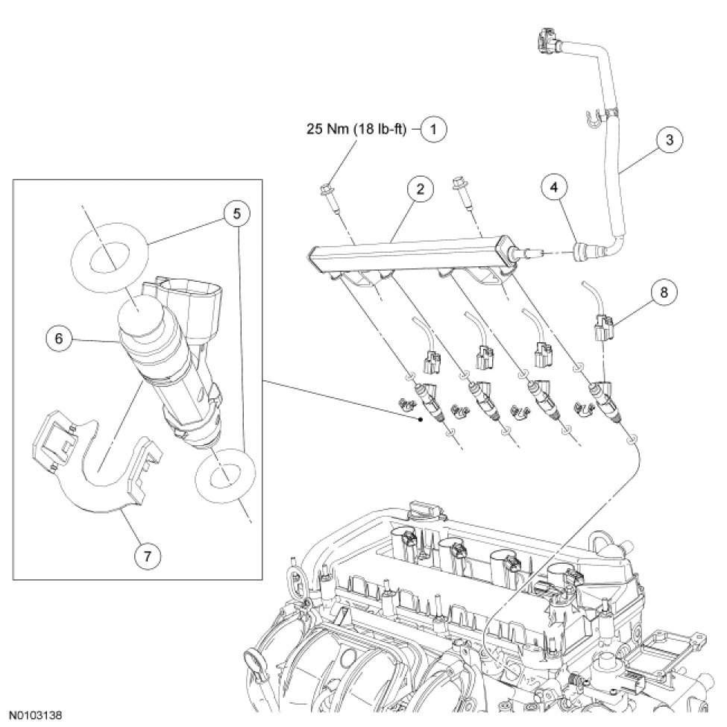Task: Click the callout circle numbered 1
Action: [x=433, y=128]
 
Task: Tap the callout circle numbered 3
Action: [x=669, y=138]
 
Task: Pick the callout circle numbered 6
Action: [x=57, y=337]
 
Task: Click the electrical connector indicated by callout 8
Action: [x=606, y=327]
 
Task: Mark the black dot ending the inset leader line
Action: [x=423, y=421]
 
